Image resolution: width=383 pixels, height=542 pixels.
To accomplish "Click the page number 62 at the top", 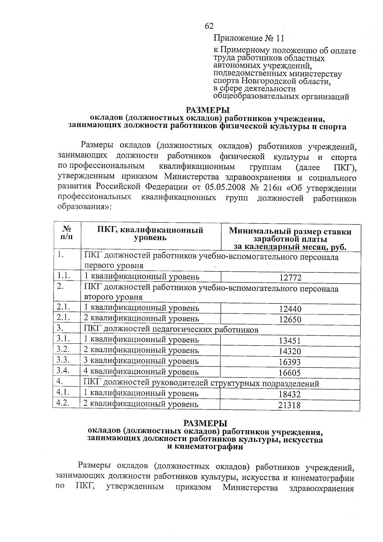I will tap(209, 26).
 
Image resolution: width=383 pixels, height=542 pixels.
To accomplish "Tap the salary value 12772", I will tap(290, 278).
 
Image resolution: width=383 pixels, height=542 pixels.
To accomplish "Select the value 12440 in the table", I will tap(290, 309).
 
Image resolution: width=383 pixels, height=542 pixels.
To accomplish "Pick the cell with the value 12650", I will tap(290, 319).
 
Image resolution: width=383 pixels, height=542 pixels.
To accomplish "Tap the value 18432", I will tap(290, 394).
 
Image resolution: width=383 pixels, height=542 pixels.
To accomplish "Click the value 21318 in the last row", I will tap(289, 405).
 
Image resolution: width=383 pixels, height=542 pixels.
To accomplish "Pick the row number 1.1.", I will tap(64, 275).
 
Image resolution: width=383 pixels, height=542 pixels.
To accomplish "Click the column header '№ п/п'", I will tap(67, 233).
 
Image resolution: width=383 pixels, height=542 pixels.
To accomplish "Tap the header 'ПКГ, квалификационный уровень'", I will tap(150, 234).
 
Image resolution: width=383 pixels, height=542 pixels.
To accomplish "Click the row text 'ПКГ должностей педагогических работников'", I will tap(171, 329).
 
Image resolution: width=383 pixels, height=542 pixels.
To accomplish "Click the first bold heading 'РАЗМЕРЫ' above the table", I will tap(208, 111).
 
